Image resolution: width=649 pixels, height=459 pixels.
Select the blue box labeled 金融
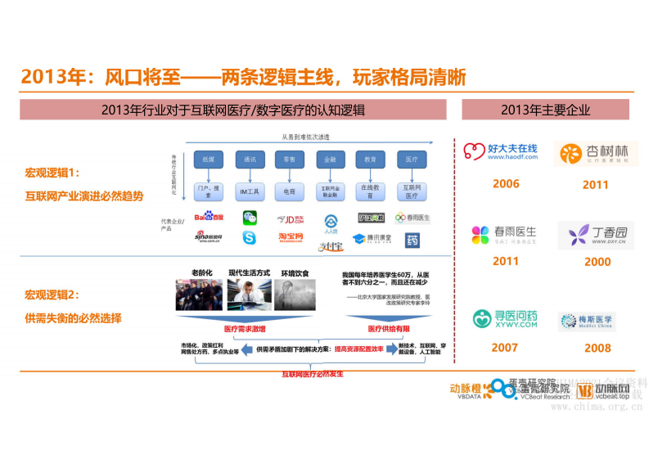pos(330,159)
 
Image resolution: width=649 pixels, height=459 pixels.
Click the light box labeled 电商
pos(289,191)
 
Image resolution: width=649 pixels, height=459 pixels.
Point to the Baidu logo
pos(209,217)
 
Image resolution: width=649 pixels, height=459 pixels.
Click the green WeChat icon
pos(249,218)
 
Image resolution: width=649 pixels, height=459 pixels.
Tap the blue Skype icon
pos(249,238)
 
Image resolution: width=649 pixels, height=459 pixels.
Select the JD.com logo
pos(291,218)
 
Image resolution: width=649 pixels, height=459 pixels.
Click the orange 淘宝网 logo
pos(291,237)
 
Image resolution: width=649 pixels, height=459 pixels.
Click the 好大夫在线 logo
pos(501,151)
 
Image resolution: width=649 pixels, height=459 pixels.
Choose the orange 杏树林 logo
pos(595,153)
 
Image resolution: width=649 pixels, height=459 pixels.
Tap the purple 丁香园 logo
pos(596,235)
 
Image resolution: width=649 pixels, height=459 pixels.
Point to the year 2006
pos(506,183)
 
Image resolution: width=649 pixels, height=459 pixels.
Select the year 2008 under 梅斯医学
pos(597,348)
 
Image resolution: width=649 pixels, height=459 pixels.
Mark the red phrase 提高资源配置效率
pos(357,349)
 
